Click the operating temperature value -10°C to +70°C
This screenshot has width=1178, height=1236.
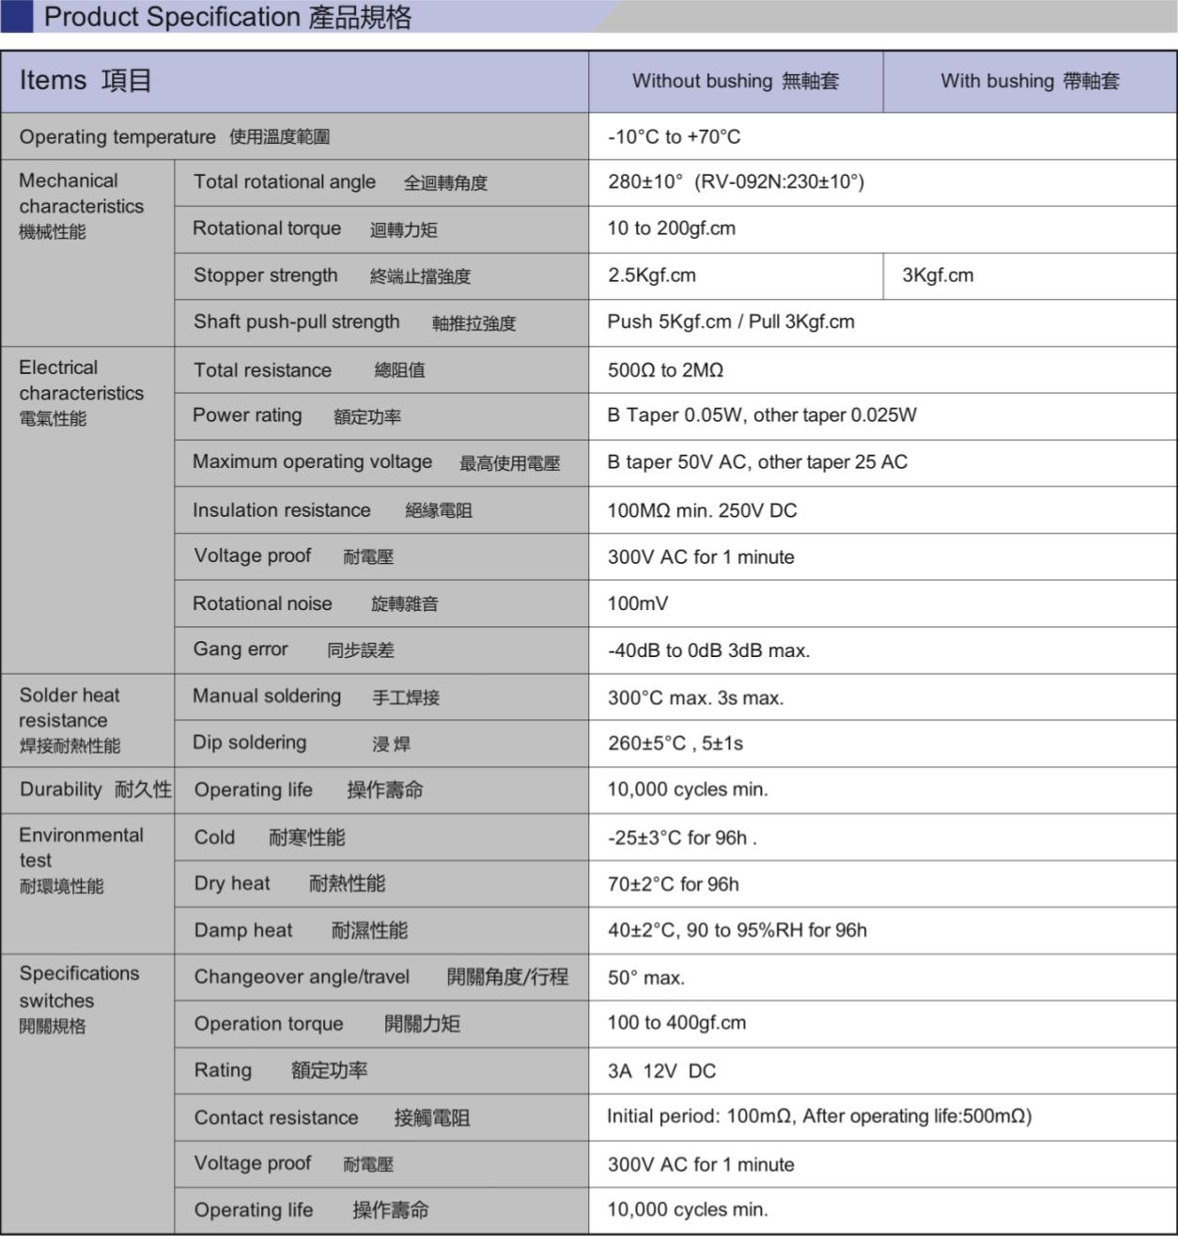(x=674, y=137)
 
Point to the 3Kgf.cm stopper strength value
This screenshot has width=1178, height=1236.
(x=938, y=275)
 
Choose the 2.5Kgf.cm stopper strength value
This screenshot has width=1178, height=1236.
(x=651, y=275)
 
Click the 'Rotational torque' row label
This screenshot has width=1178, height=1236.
(x=267, y=228)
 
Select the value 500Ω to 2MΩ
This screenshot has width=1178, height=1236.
(x=665, y=370)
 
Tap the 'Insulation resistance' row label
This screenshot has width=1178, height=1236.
(x=281, y=510)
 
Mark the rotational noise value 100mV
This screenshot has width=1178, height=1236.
(x=638, y=603)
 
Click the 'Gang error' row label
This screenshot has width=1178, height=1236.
(x=240, y=649)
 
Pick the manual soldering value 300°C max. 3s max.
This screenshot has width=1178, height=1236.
(x=695, y=697)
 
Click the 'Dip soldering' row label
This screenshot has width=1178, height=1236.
(x=249, y=743)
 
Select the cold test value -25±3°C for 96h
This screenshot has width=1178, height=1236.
(x=680, y=837)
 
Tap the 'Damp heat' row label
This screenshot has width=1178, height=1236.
(x=243, y=931)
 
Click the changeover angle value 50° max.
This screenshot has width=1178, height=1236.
(x=645, y=978)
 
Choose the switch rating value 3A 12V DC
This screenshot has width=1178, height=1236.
(x=661, y=1071)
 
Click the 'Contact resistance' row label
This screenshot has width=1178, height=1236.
(x=276, y=1118)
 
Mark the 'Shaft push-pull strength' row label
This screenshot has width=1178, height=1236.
(x=296, y=322)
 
